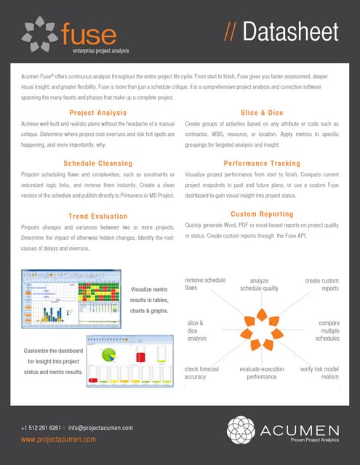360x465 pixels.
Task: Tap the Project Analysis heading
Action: [97, 113]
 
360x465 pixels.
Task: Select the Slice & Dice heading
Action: [262, 113]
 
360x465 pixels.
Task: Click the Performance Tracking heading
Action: [262, 163]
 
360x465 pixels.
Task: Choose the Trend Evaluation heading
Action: [98, 217]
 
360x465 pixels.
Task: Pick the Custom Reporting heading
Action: [262, 214]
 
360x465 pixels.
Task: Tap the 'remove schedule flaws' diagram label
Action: [205, 284]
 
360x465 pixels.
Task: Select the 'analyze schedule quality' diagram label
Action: [260, 284]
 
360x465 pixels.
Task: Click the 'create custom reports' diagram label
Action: [321, 284]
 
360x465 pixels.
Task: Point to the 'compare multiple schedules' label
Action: [325, 331]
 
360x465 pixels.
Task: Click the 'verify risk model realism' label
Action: [320, 373]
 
